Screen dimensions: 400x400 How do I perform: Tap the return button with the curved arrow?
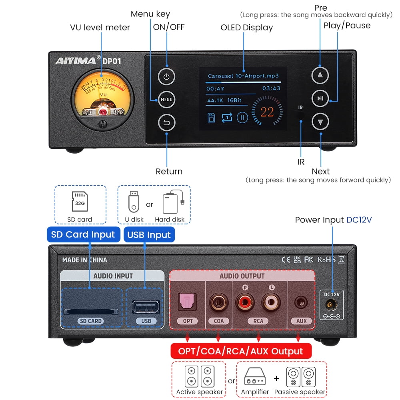point(166,123)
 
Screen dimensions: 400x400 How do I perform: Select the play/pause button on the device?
point(320,98)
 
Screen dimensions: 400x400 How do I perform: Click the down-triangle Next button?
point(320,122)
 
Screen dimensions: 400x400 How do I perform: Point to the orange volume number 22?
point(267,112)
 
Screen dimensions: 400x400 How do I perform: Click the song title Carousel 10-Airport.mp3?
point(243,76)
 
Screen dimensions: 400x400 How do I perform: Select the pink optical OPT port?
point(188,301)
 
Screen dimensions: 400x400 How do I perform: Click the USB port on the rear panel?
point(146,307)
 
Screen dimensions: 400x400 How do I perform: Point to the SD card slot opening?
point(90,311)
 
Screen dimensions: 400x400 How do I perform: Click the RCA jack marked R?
point(245,302)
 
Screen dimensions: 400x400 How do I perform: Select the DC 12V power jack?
point(332,306)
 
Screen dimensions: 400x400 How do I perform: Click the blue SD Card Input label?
point(83,235)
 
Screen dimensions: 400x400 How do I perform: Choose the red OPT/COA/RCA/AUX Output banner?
point(241,351)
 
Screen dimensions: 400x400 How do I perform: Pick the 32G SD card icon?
point(80,202)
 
